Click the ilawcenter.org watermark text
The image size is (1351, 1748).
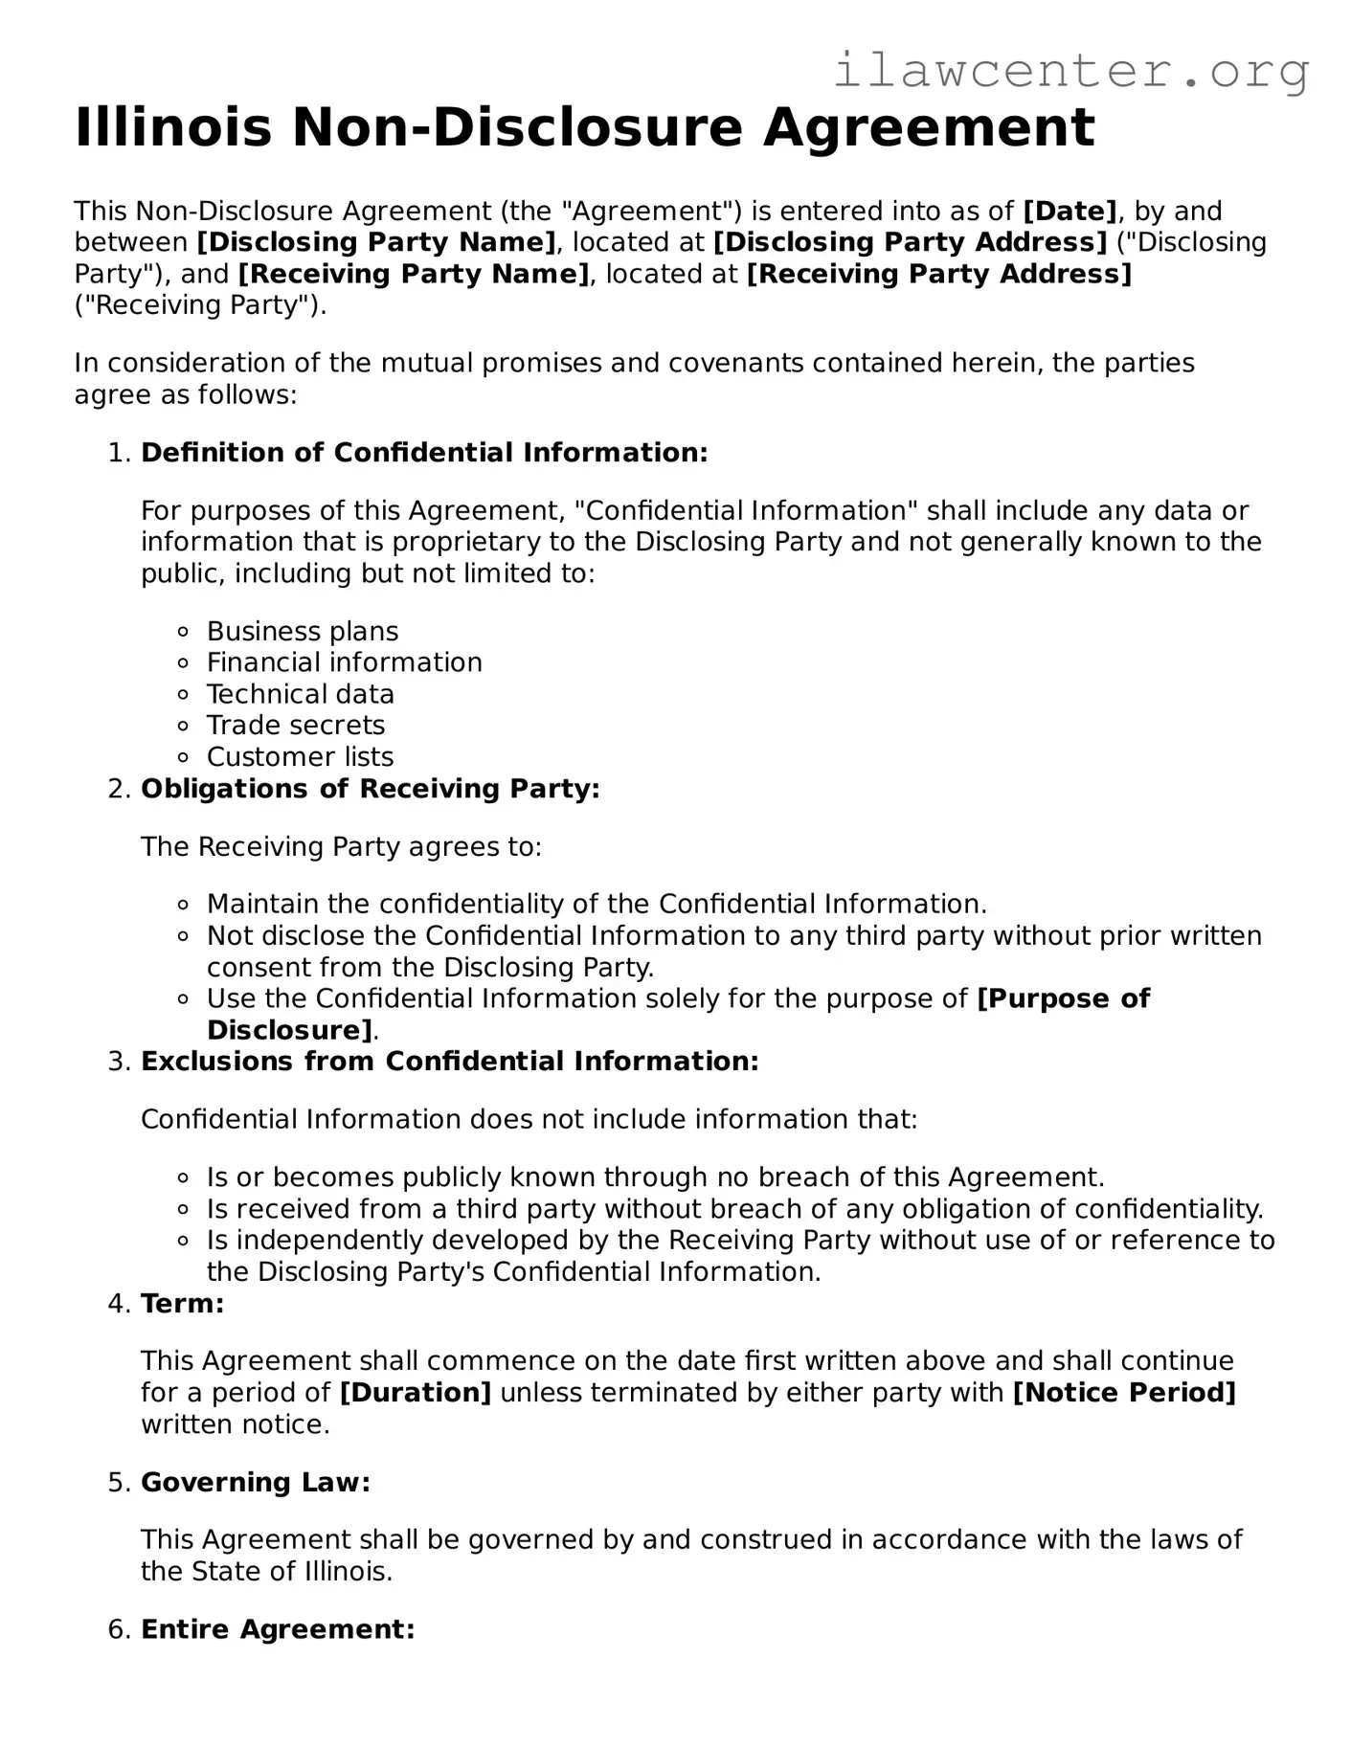coord(1070,71)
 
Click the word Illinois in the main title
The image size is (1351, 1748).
coord(173,128)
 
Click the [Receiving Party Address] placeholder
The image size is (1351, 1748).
coord(938,274)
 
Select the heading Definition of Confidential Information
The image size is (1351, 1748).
coord(424,453)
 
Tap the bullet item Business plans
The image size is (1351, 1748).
coord(303,632)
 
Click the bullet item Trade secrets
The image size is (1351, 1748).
coord(296,726)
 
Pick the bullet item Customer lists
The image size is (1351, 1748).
coord(300,757)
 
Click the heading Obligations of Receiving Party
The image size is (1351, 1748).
coord(370,789)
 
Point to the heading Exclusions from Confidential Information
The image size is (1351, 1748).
coord(449,1062)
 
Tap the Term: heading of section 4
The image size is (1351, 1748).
coord(182,1304)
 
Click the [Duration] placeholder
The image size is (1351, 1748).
coord(416,1393)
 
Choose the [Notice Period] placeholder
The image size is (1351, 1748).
coord(1124,1393)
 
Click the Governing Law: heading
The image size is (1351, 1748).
coord(255,1483)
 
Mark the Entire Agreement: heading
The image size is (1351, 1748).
coord(278,1629)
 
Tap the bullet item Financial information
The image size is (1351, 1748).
coord(344,662)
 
